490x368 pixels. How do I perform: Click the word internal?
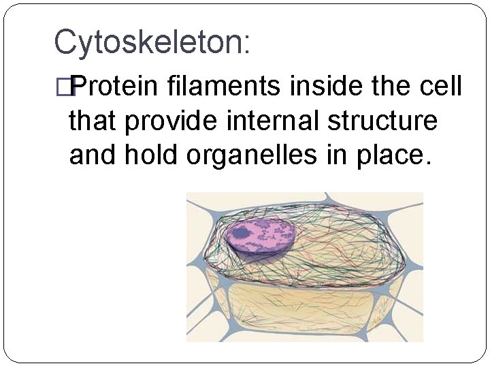(x=280, y=121)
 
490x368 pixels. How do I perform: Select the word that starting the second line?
(x=93, y=121)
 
